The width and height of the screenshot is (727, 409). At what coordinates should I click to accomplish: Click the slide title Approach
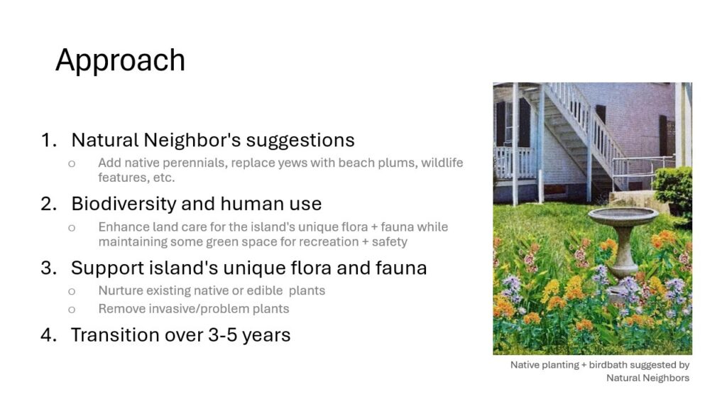tap(120, 60)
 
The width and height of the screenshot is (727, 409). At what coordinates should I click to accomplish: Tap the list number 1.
tap(49, 140)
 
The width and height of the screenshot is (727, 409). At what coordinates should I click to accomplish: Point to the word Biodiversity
tap(122, 204)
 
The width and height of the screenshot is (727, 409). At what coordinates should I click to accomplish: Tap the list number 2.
tap(49, 204)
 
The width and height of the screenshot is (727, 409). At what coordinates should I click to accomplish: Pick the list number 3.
tap(49, 268)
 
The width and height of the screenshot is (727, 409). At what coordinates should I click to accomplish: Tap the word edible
tap(265, 290)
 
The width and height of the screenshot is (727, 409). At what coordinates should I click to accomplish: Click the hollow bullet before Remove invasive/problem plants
tap(72, 310)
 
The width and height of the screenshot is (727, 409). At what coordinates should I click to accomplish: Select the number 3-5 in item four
tap(222, 335)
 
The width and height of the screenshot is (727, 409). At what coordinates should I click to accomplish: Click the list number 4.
tap(49, 335)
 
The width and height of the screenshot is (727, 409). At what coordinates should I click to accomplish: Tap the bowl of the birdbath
tap(623, 216)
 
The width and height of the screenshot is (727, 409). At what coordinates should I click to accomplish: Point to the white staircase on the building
tap(584, 134)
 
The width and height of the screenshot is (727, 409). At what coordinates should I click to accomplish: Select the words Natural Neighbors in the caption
tap(647, 378)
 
